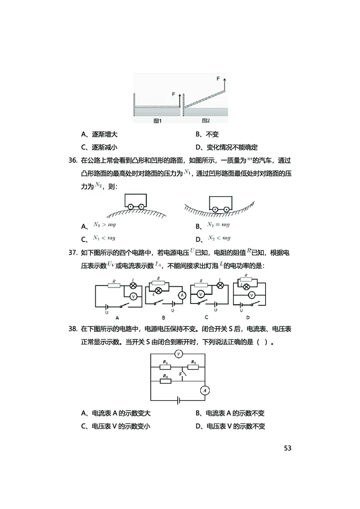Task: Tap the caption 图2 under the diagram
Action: [206, 121]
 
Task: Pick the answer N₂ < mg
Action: [219, 238]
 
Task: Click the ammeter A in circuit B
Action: [182, 295]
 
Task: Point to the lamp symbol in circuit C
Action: [220, 285]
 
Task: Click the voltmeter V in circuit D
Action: [252, 295]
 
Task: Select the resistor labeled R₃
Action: [166, 381]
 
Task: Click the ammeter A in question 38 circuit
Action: [205, 390]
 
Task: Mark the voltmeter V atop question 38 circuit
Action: [179, 354]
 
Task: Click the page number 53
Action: [288, 448]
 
